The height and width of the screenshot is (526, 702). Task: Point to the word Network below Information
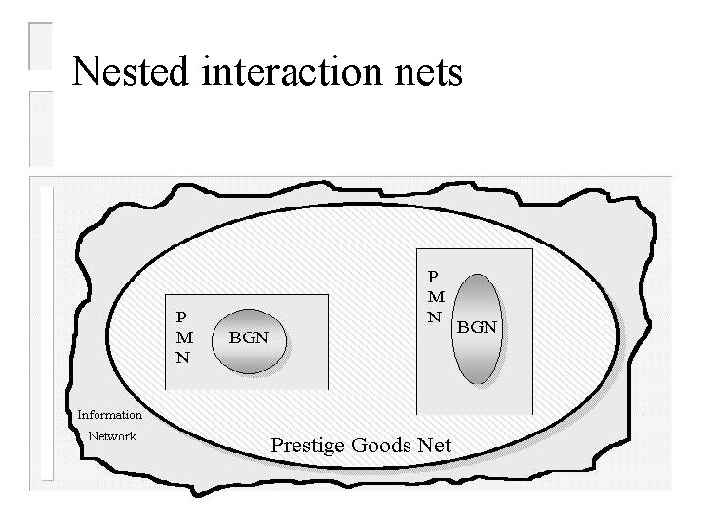pyautogui.click(x=111, y=436)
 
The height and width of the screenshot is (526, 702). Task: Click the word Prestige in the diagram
pyautogui.click(x=308, y=446)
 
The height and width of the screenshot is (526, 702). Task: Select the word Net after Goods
pyautogui.click(x=435, y=445)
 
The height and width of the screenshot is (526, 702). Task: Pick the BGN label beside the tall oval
pyautogui.click(x=478, y=327)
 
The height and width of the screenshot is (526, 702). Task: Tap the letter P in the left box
pyautogui.click(x=182, y=316)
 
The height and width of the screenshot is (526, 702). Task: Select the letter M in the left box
pyautogui.click(x=183, y=336)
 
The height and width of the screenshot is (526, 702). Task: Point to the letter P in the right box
pyautogui.click(x=434, y=276)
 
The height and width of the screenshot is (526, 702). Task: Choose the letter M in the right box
pyautogui.click(x=435, y=296)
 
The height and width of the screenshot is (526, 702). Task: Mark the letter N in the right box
pyautogui.click(x=434, y=317)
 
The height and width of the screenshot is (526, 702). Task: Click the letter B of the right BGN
pyautogui.click(x=464, y=327)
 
